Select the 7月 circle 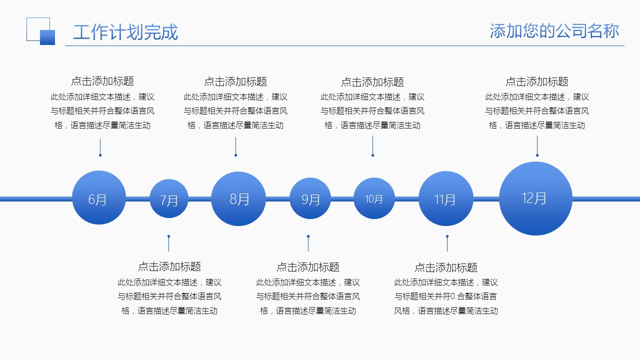[169, 199]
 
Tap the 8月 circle [238, 198]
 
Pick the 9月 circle [310, 198]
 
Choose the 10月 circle [374, 198]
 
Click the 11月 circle [445, 198]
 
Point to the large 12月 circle [535, 198]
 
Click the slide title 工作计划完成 [125, 32]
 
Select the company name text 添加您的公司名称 [554, 31]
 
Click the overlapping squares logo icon [40, 31]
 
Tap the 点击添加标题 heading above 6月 [102, 81]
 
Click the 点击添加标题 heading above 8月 [235, 81]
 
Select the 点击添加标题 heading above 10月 [372, 82]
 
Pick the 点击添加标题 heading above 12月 [537, 81]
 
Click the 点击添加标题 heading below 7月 [169, 266]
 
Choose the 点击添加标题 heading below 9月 [308, 267]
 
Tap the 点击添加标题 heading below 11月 [446, 267]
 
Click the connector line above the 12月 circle [537, 146]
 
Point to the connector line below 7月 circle [169, 243]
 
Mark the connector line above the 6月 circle [100, 147]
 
